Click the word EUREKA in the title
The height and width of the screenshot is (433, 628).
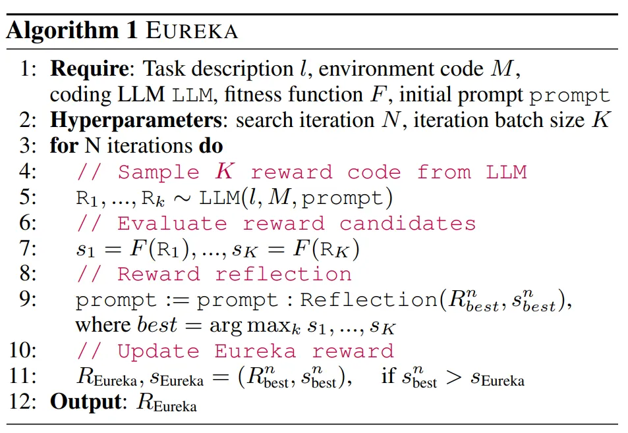[x=191, y=32]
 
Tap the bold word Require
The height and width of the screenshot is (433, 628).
[x=92, y=68]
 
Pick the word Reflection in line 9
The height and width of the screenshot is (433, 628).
[x=368, y=300]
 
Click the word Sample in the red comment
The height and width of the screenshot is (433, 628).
[x=158, y=172]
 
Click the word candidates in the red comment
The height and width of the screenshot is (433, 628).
[x=407, y=223]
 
